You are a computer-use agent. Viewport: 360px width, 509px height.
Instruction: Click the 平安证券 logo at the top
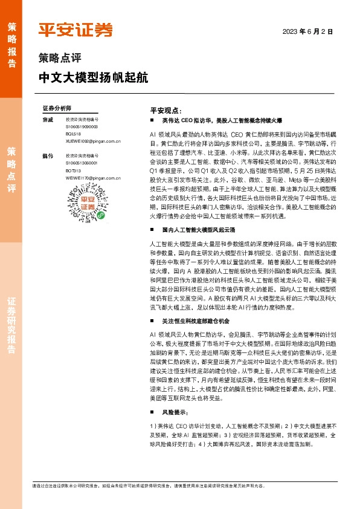click(x=75, y=30)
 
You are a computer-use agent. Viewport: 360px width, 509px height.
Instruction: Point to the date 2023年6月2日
click(x=307, y=31)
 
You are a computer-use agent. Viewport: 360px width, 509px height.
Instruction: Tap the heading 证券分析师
click(x=57, y=108)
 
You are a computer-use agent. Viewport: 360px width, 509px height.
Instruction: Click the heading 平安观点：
click(x=166, y=111)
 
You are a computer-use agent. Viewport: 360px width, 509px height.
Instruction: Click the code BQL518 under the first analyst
click(x=74, y=134)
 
